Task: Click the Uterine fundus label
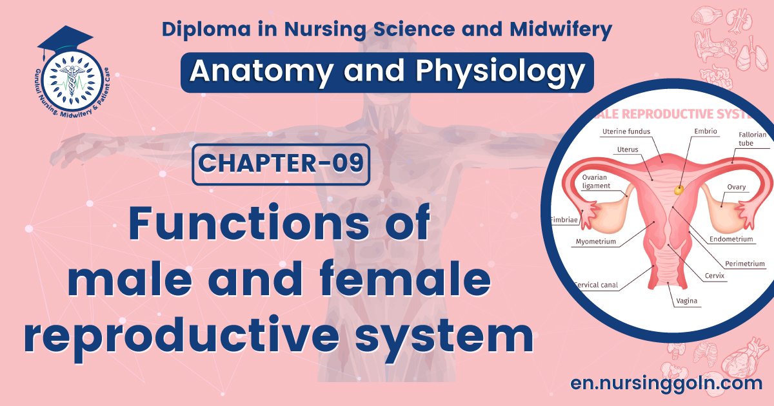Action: click(626, 131)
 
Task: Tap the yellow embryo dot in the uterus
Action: click(679, 190)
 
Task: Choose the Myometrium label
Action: click(595, 242)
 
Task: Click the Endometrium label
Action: click(731, 239)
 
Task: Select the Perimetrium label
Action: click(744, 264)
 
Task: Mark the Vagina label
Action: click(686, 301)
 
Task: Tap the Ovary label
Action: click(736, 187)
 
